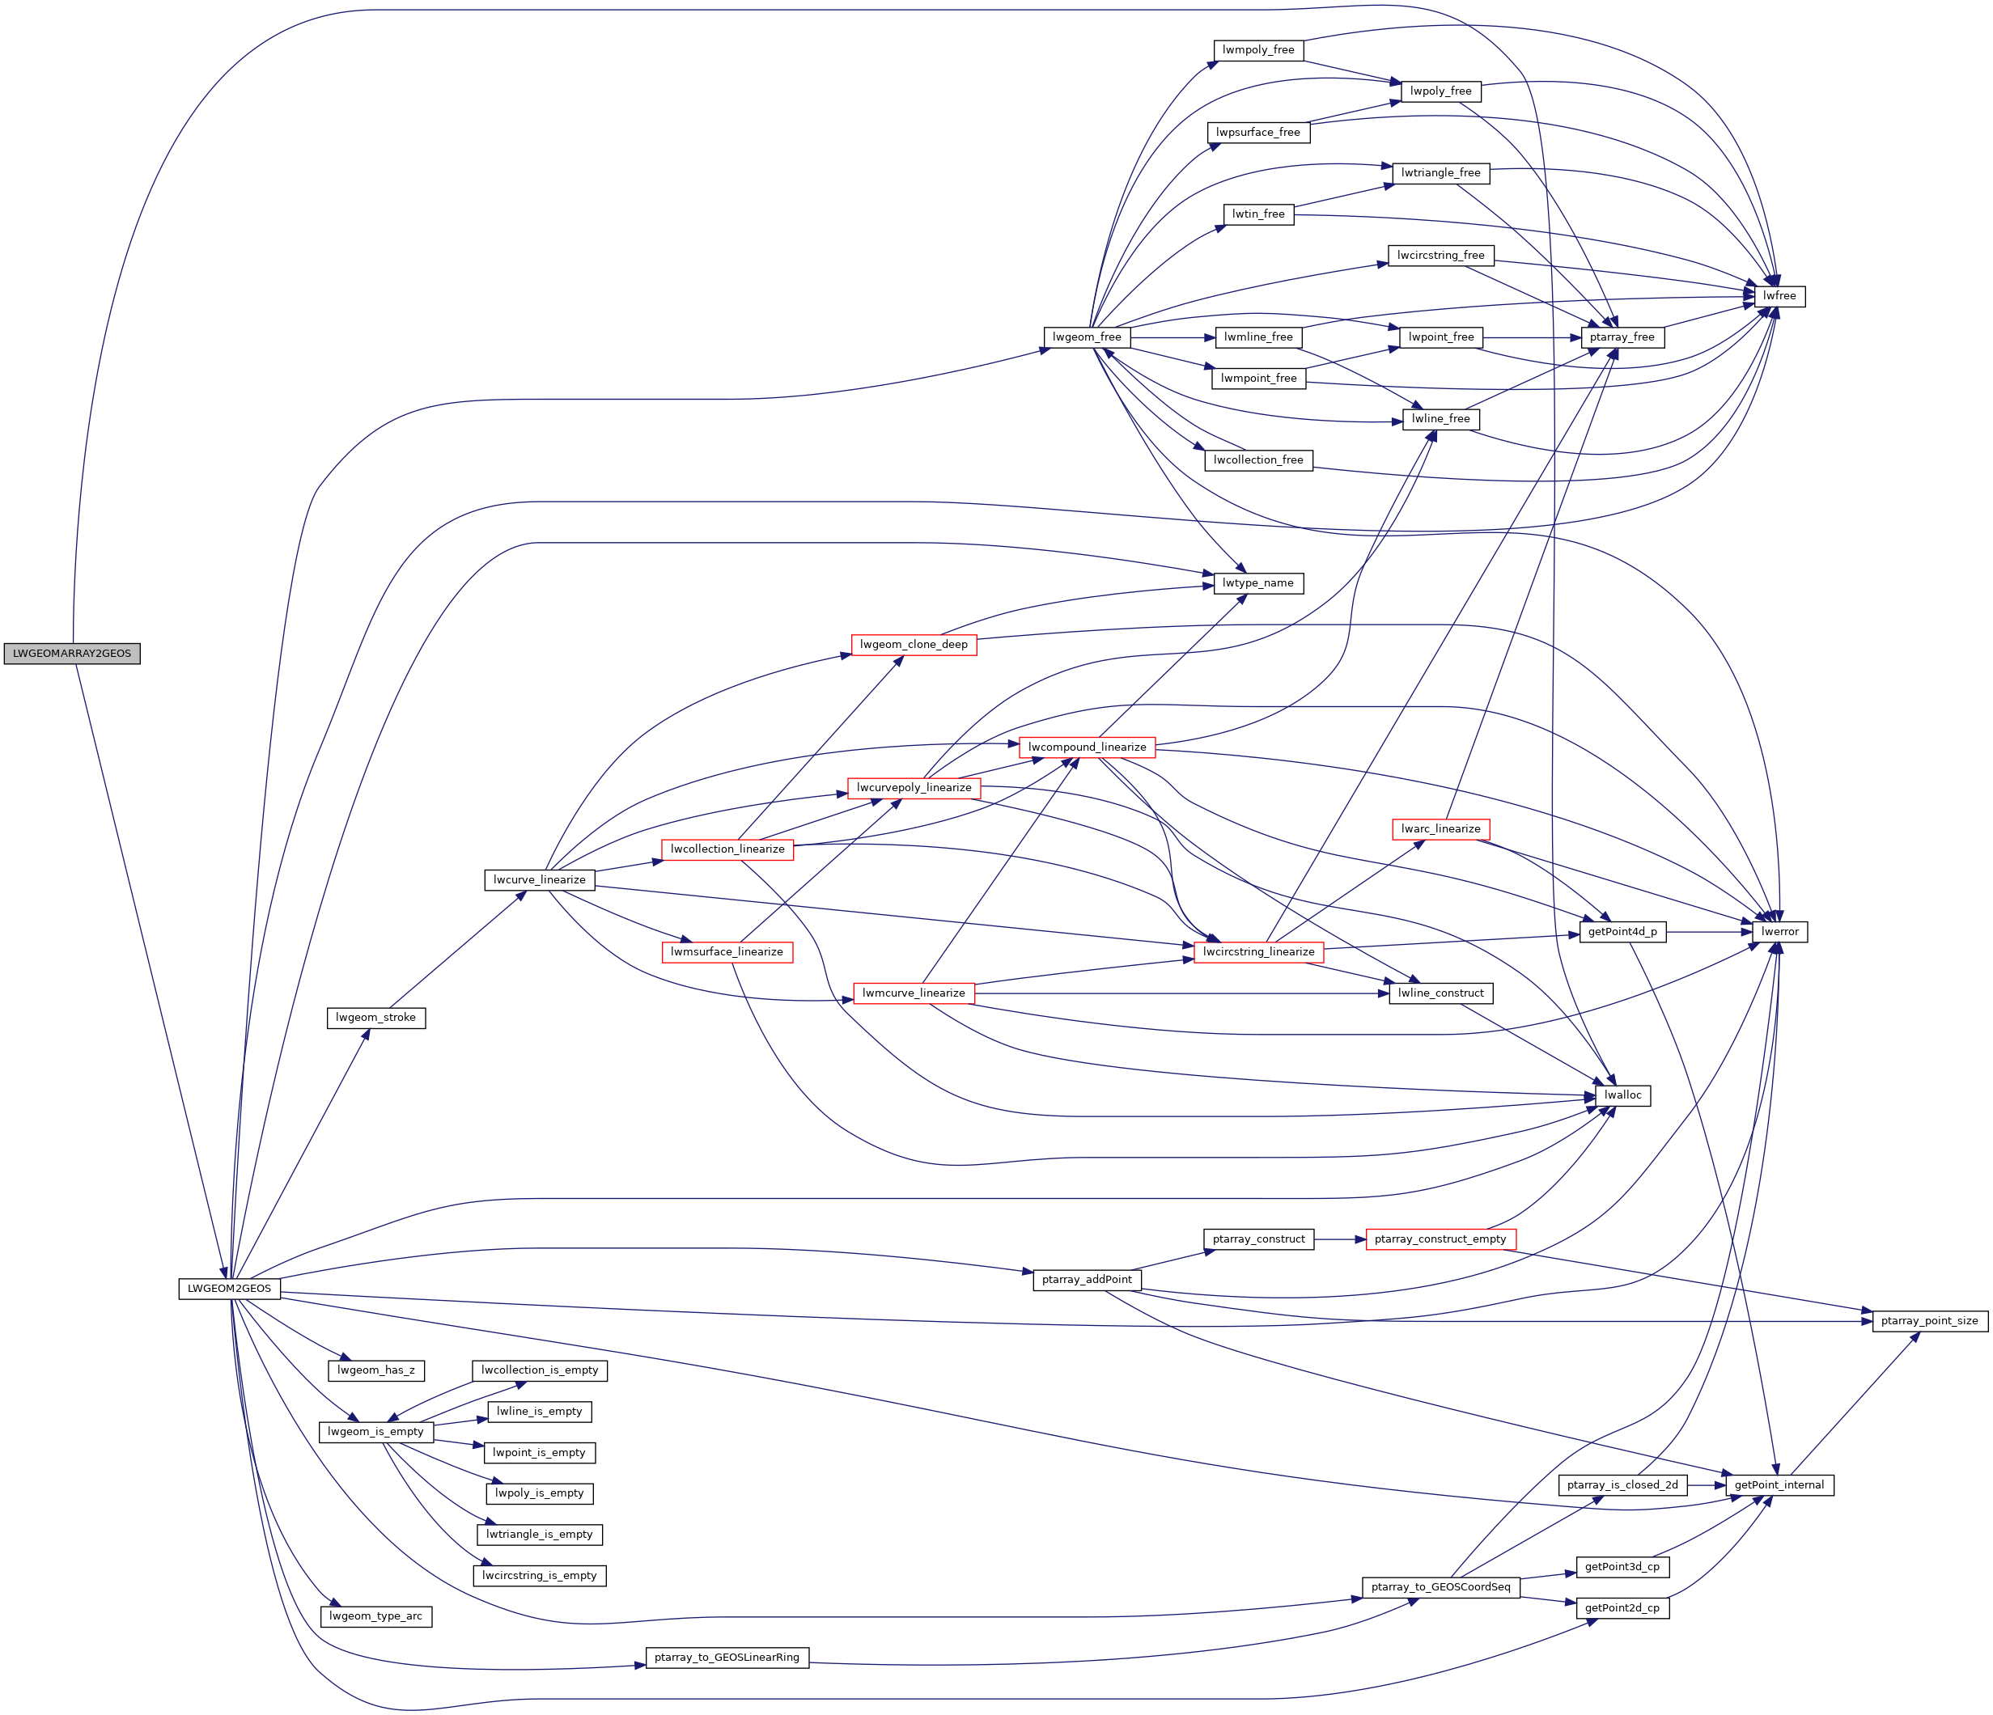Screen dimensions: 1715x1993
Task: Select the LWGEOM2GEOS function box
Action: point(230,1289)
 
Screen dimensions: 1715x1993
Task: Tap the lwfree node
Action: point(1779,296)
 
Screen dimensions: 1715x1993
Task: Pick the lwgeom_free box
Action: point(1086,337)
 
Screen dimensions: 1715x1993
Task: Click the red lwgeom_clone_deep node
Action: point(914,645)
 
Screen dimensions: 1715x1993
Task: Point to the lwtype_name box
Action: point(1258,584)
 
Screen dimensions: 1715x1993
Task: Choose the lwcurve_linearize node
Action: point(539,880)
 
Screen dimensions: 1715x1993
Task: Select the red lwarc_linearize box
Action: point(1440,829)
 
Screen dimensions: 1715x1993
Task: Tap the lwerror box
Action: point(1779,932)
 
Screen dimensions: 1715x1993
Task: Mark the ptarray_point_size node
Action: point(1930,1322)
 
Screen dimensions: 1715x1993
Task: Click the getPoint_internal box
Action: point(1779,1485)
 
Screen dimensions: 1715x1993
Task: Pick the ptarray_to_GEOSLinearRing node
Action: point(727,1658)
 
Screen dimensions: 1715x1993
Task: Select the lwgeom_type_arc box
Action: point(375,1617)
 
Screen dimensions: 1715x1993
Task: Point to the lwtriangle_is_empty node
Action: point(539,1535)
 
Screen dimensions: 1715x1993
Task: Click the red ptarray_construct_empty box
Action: point(1440,1240)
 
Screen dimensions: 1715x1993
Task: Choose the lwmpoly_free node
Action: point(1258,50)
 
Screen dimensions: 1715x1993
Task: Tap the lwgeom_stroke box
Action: point(375,1018)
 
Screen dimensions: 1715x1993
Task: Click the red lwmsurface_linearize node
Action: point(727,952)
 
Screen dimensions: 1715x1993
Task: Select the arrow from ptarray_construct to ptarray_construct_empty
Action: point(1340,1240)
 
